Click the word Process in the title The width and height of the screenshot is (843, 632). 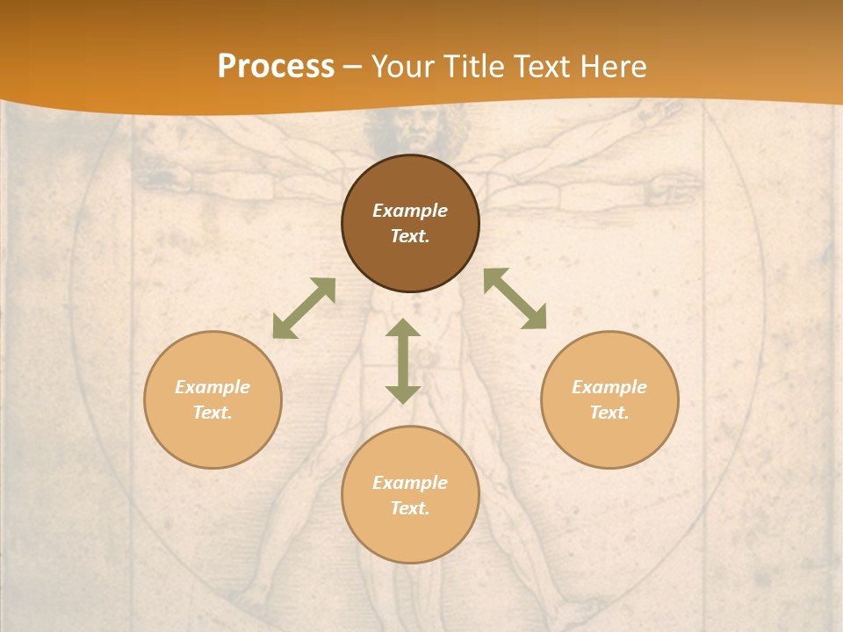(276, 67)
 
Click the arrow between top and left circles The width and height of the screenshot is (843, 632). (304, 308)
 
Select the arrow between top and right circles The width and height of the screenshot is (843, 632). (515, 298)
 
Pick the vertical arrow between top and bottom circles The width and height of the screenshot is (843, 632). (403, 361)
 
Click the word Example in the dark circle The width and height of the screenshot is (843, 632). (410, 211)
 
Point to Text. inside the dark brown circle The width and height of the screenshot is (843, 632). (410, 236)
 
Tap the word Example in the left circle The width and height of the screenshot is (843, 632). (213, 387)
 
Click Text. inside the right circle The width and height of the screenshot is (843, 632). (609, 413)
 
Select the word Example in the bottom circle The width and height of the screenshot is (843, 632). (410, 483)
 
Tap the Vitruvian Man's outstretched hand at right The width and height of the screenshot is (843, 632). (676, 186)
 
